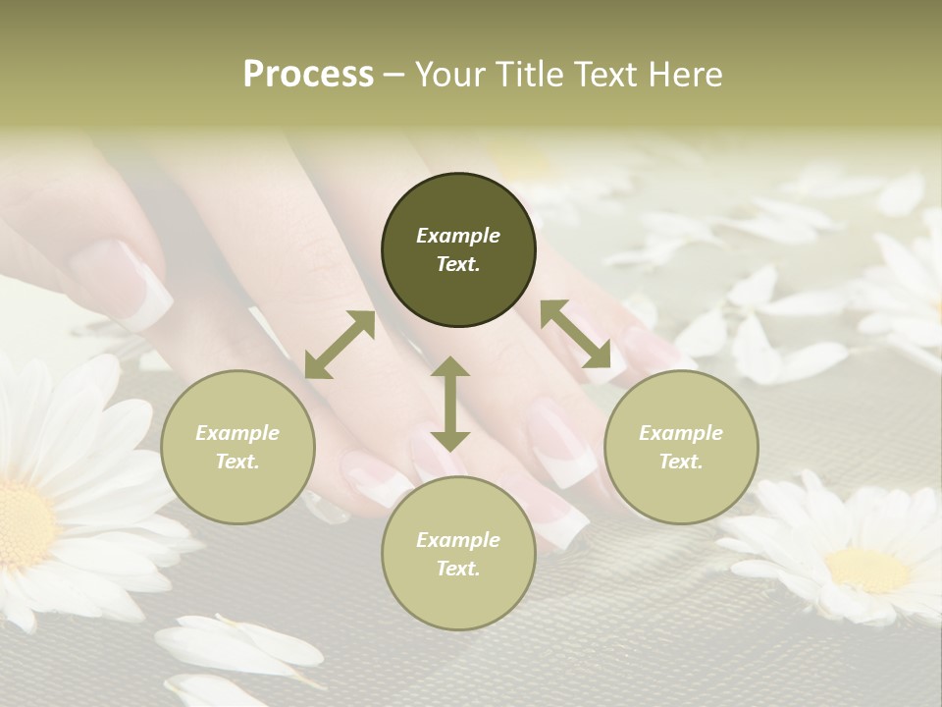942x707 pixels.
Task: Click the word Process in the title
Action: pos(308,75)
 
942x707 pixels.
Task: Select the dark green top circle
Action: pos(458,250)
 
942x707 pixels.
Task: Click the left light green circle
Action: pos(237,447)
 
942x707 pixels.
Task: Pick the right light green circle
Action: pos(681,447)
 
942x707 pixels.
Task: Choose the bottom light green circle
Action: pos(458,554)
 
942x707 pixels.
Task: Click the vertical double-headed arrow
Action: pos(450,404)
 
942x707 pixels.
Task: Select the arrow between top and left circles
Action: pos(340,345)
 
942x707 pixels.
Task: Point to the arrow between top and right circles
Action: pos(576,335)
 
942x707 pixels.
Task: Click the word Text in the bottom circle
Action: pos(458,569)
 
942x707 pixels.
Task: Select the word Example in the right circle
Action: pos(681,433)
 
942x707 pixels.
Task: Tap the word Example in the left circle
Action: pos(237,433)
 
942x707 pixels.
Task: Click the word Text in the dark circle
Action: pos(458,264)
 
